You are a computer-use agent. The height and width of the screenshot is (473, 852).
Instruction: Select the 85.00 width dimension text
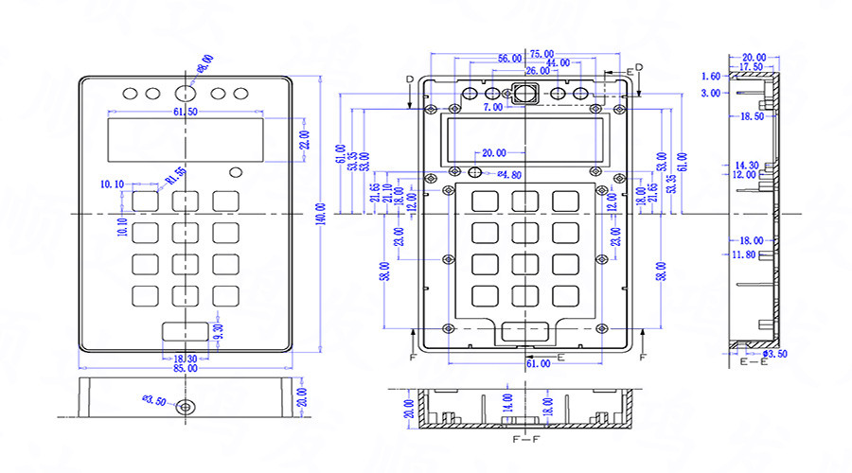(186, 368)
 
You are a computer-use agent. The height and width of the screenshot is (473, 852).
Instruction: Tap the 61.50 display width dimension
(186, 113)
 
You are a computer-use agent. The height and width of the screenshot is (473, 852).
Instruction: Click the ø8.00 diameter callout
(204, 63)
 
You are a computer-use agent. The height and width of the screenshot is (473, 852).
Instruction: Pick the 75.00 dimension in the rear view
(541, 54)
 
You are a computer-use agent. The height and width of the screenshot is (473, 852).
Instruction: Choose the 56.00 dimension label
(509, 60)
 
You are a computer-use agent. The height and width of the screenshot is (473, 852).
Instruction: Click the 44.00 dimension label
(558, 62)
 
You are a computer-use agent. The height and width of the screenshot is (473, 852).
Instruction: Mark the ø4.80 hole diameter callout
(509, 175)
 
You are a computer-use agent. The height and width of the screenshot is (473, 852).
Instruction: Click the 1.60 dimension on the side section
(710, 76)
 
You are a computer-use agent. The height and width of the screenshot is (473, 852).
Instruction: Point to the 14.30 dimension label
(747, 165)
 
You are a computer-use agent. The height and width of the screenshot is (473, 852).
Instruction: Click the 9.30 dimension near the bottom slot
(218, 331)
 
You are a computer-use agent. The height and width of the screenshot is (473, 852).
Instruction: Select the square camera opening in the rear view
(524, 93)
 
